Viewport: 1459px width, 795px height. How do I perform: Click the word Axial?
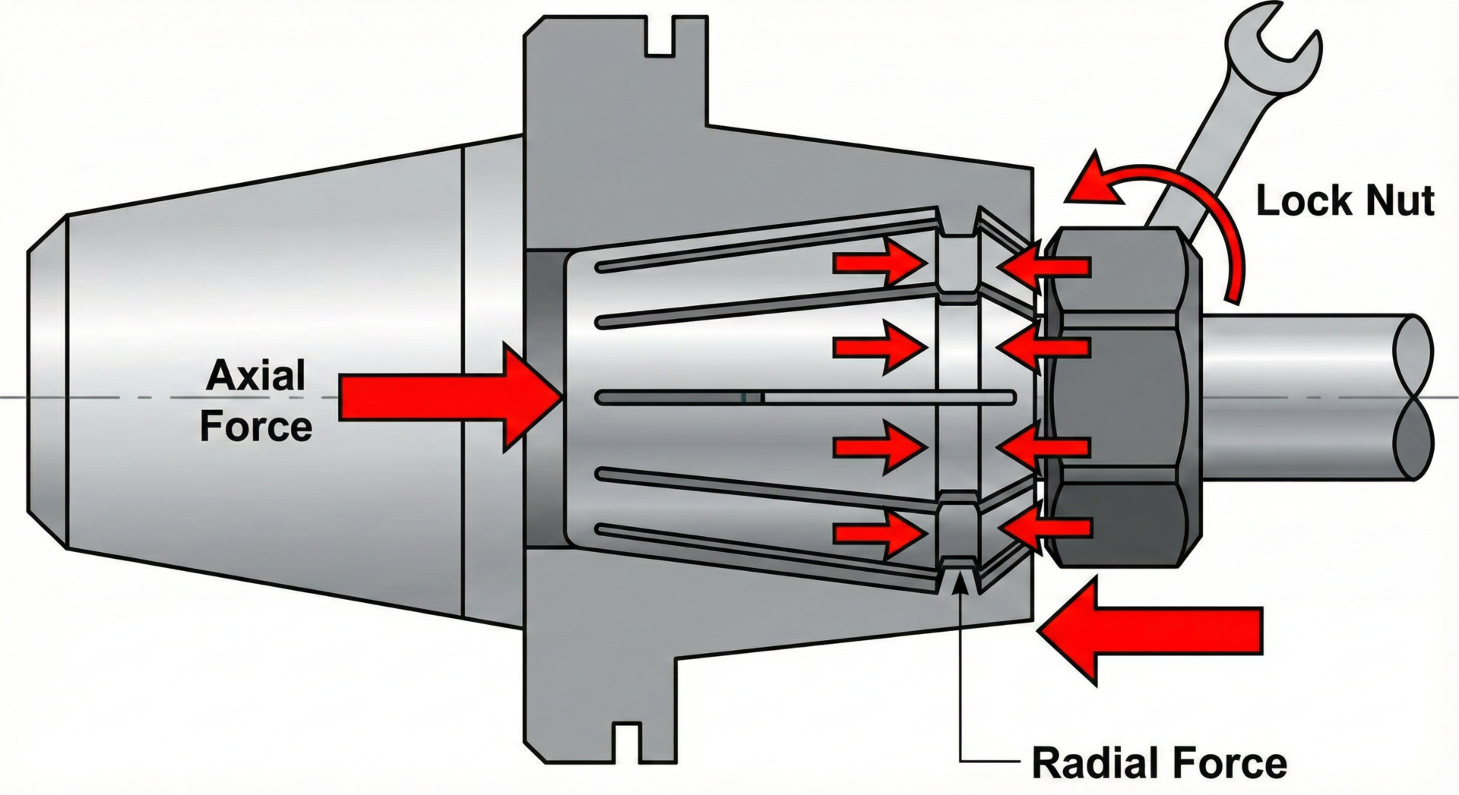point(255,376)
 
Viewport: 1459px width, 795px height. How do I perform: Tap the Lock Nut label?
point(1344,201)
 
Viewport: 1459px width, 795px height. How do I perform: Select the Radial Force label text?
point(1159,762)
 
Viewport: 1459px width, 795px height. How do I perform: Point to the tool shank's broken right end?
point(1413,398)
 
